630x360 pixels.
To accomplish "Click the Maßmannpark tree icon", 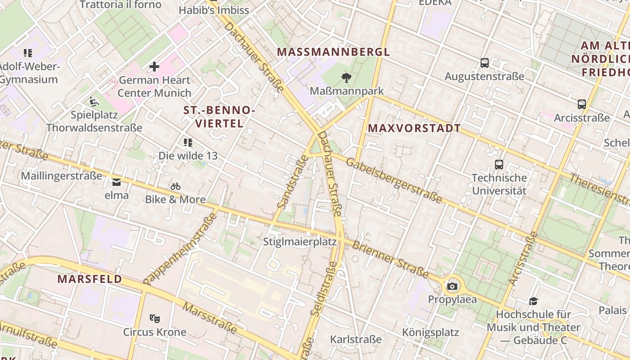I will tap(346, 78).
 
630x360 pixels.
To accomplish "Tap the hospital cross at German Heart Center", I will tap(154, 67).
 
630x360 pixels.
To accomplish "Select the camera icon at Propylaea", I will tap(452, 287).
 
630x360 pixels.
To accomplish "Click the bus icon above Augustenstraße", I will tap(485, 63).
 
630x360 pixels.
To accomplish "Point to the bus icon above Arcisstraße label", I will tap(582, 104).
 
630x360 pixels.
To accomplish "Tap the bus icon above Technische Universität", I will tap(499, 165).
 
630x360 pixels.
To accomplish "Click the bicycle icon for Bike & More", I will tap(175, 186).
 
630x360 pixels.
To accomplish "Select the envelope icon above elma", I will tap(117, 182).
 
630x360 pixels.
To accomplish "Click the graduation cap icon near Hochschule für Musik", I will tap(533, 301).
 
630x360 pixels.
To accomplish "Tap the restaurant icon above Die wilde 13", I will tap(188, 143).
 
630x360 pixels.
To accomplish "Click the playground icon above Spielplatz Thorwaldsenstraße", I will tap(94, 102).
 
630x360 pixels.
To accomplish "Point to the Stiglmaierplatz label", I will tap(300, 242).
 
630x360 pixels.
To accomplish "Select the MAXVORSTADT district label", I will tap(414, 128).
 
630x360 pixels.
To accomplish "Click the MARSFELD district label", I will tap(90, 279).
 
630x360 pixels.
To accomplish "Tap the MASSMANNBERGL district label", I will tap(333, 52).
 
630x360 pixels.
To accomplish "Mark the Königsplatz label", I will tap(430, 333).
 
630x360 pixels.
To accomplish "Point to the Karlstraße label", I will tap(356, 339).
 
